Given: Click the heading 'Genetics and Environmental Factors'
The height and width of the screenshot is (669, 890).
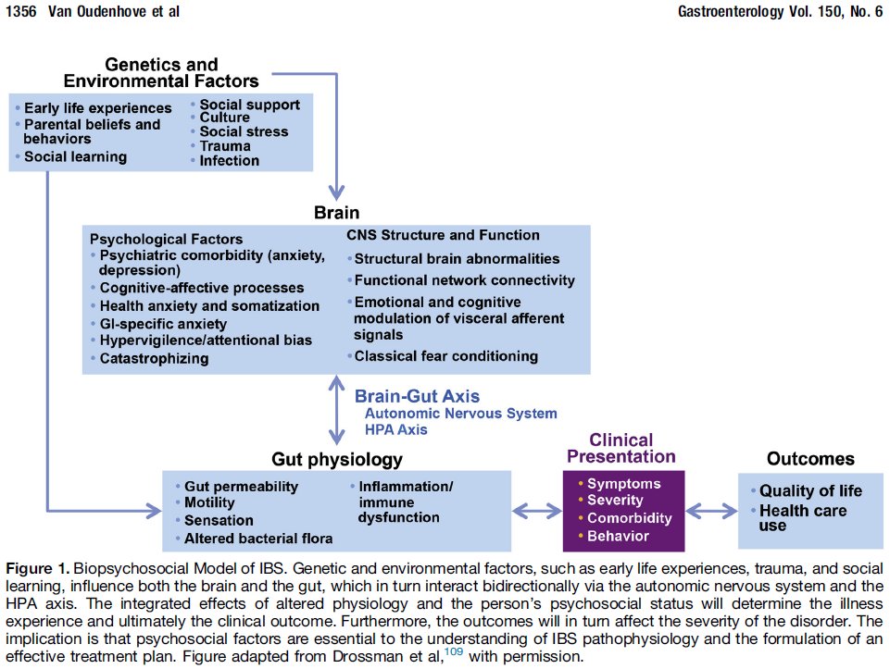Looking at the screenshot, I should pyautogui.click(x=160, y=73).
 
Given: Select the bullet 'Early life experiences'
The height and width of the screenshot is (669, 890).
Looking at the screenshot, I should pyautogui.click(x=97, y=108).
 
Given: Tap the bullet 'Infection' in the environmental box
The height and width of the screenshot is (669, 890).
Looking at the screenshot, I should pyautogui.click(x=229, y=160).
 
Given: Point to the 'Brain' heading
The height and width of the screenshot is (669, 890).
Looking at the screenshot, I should pyautogui.click(x=336, y=214).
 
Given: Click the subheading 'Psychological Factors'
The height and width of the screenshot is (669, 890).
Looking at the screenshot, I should pyautogui.click(x=167, y=239).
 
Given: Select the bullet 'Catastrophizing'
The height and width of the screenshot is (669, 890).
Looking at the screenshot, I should pyautogui.click(x=154, y=358).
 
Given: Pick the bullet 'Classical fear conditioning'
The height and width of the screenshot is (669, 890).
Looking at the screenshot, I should pyautogui.click(x=445, y=355).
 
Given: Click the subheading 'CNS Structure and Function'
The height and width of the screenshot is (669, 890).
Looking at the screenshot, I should pyautogui.click(x=443, y=235).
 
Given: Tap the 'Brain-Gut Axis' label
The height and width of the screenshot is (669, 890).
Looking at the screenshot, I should pyautogui.click(x=418, y=396).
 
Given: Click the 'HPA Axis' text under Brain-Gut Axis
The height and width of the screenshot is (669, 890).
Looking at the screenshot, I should pyautogui.click(x=396, y=429).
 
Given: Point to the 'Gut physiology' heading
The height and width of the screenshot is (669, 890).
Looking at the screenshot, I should pyautogui.click(x=336, y=460).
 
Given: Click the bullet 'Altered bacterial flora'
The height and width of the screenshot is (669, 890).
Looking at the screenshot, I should pyautogui.click(x=257, y=538).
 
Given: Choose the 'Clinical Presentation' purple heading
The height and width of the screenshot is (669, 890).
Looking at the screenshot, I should pyautogui.click(x=621, y=449).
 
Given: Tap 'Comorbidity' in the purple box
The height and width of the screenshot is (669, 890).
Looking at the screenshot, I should pyautogui.click(x=629, y=518).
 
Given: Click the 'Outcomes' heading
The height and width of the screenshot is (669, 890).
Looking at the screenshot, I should pyautogui.click(x=810, y=459).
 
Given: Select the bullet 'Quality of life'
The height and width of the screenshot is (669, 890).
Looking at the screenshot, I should pyautogui.click(x=810, y=490).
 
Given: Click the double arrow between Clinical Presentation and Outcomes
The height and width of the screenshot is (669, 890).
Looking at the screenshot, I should pyautogui.click(x=711, y=510).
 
